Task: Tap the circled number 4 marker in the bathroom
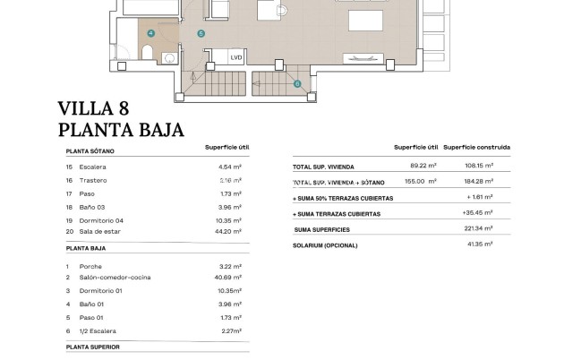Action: click(151, 33)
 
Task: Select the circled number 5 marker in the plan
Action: click(200, 34)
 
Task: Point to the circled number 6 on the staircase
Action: click(297, 84)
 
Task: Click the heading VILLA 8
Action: click(99, 109)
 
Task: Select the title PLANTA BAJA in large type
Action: click(121, 130)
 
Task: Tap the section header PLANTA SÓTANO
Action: click(90, 151)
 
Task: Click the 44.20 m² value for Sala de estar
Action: click(231, 232)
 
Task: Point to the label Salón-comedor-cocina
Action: click(115, 278)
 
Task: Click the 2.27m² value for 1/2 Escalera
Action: click(231, 329)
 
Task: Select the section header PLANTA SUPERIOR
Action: click(92, 346)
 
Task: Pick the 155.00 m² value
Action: click(421, 181)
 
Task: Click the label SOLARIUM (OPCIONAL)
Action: click(325, 245)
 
